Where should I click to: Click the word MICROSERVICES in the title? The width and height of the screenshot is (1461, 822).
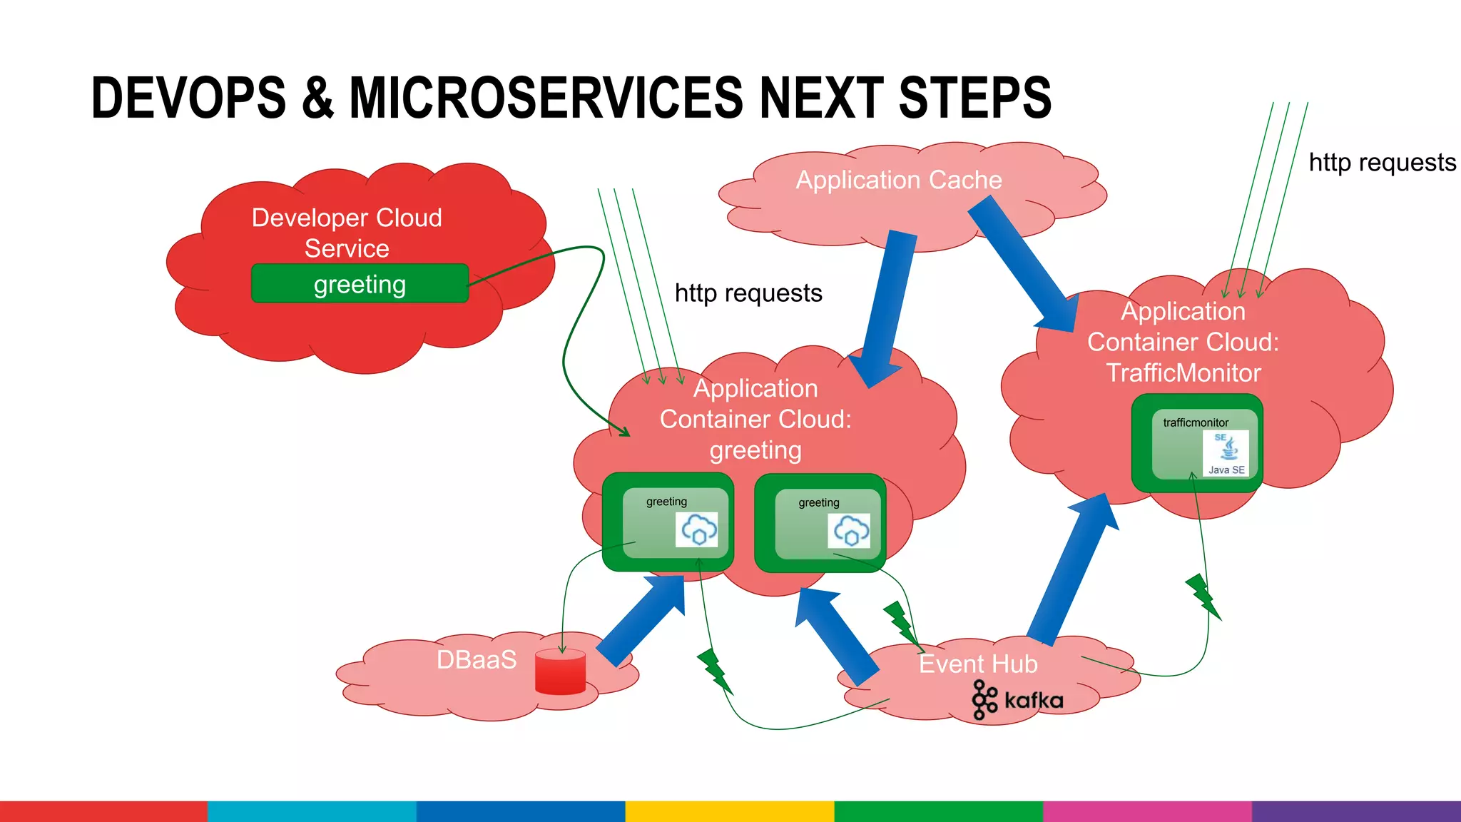(x=545, y=98)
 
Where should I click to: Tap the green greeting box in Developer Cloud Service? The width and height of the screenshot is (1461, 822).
(x=360, y=284)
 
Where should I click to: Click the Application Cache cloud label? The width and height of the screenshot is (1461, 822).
(x=898, y=180)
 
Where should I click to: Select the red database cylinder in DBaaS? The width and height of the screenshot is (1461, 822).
(x=560, y=672)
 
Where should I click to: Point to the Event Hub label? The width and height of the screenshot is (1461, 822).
(x=977, y=664)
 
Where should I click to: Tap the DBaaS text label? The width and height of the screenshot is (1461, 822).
(x=476, y=659)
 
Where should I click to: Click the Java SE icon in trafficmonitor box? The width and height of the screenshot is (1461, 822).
(x=1226, y=452)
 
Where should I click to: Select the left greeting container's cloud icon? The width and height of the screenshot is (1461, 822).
(x=697, y=529)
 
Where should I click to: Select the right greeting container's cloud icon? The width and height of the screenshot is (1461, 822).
(x=849, y=531)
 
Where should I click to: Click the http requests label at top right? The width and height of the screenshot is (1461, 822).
(x=1382, y=163)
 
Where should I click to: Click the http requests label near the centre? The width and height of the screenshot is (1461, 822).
(x=748, y=293)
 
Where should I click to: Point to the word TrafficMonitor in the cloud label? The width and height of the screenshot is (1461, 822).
(x=1183, y=372)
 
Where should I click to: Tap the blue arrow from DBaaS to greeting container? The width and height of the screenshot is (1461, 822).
(x=641, y=620)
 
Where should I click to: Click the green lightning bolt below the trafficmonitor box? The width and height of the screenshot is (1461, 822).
(x=1203, y=596)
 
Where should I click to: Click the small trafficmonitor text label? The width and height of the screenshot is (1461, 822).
(x=1196, y=422)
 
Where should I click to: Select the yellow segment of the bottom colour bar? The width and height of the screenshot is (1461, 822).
(x=729, y=811)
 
